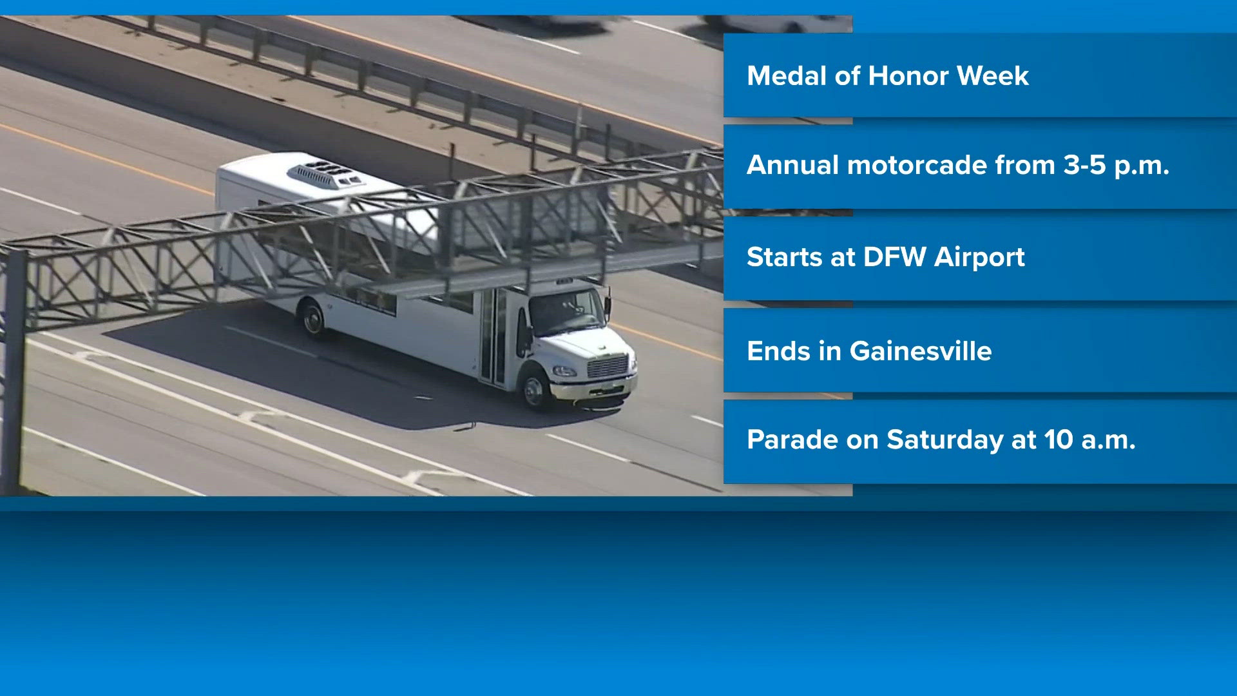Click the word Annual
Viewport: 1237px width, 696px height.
coord(793,166)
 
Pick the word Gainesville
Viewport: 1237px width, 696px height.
coord(921,351)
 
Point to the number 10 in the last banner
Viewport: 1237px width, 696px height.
coord(1059,440)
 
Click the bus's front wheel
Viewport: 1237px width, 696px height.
coord(535,388)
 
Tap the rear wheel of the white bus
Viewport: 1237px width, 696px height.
coord(313,319)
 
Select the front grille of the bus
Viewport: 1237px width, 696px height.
coord(608,367)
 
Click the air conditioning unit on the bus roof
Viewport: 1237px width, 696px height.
coord(326,174)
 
